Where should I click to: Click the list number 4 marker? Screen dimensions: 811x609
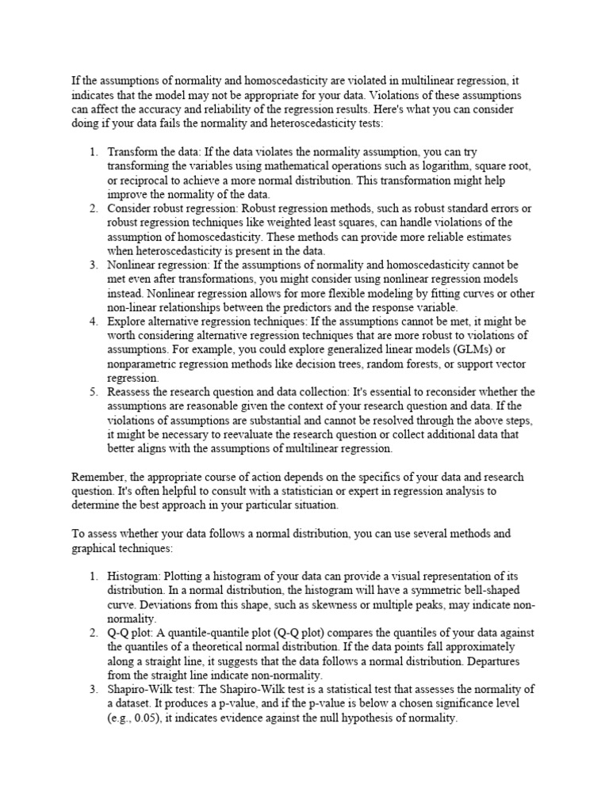[93, 322]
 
